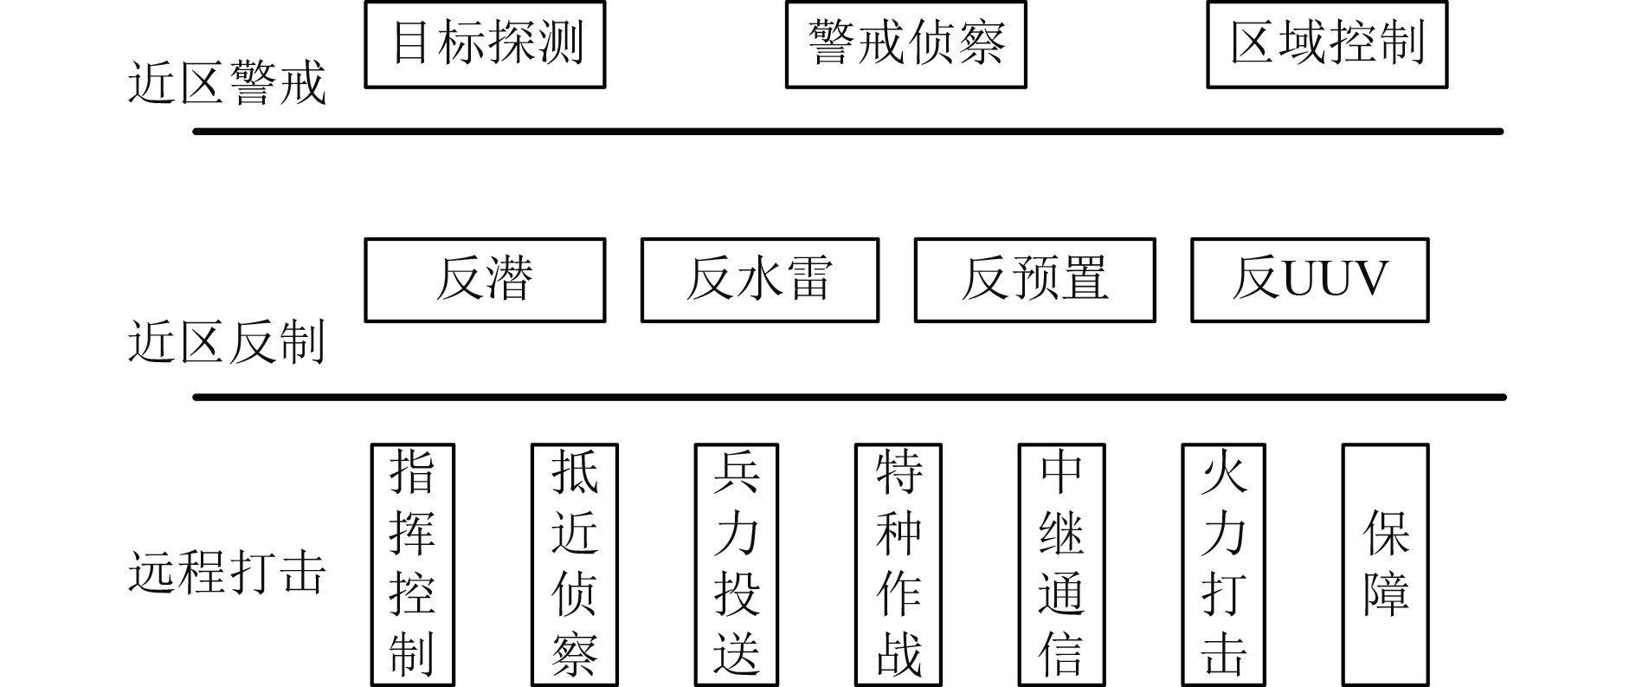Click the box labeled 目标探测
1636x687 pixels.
(485, 44)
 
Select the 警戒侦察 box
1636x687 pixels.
(905, 44)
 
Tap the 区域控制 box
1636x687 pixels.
(1327, 44)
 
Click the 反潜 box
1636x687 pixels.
(485, 280)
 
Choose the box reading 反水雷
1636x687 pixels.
(759, 280)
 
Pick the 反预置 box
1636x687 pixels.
(1034, 280)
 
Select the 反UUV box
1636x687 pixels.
(1310, 280)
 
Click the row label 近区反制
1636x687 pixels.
(227, 342)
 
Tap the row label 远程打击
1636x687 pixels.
(227, 573)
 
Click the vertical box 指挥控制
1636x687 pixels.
(412, 564)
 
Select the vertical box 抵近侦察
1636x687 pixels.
(575, 564)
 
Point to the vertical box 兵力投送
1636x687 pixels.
(737, 564)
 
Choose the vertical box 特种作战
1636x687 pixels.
(899, 564)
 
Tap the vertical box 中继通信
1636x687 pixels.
(1061, 564)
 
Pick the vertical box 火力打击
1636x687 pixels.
(1223, 564)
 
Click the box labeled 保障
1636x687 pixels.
(1385, 564)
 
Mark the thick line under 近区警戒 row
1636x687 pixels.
(848, 132)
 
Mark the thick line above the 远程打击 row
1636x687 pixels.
(848, 398)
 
